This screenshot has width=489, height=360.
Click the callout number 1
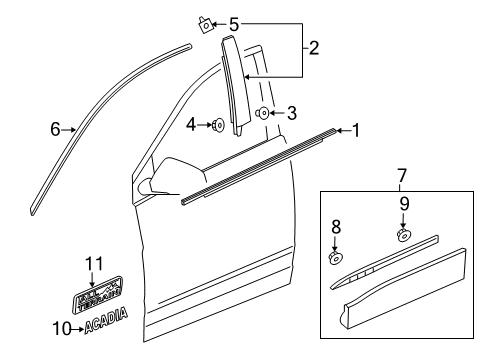click(356, 130)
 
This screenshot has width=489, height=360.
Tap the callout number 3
click(291, 114)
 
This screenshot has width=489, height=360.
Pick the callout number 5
click(235, 23)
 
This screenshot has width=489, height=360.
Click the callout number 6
click(56, 128)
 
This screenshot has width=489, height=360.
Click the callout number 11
click(93, 264)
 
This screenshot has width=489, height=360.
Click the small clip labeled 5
click(206, 23)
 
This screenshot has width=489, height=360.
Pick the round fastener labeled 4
click(217, 125)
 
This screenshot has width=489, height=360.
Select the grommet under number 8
click(337, 258)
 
